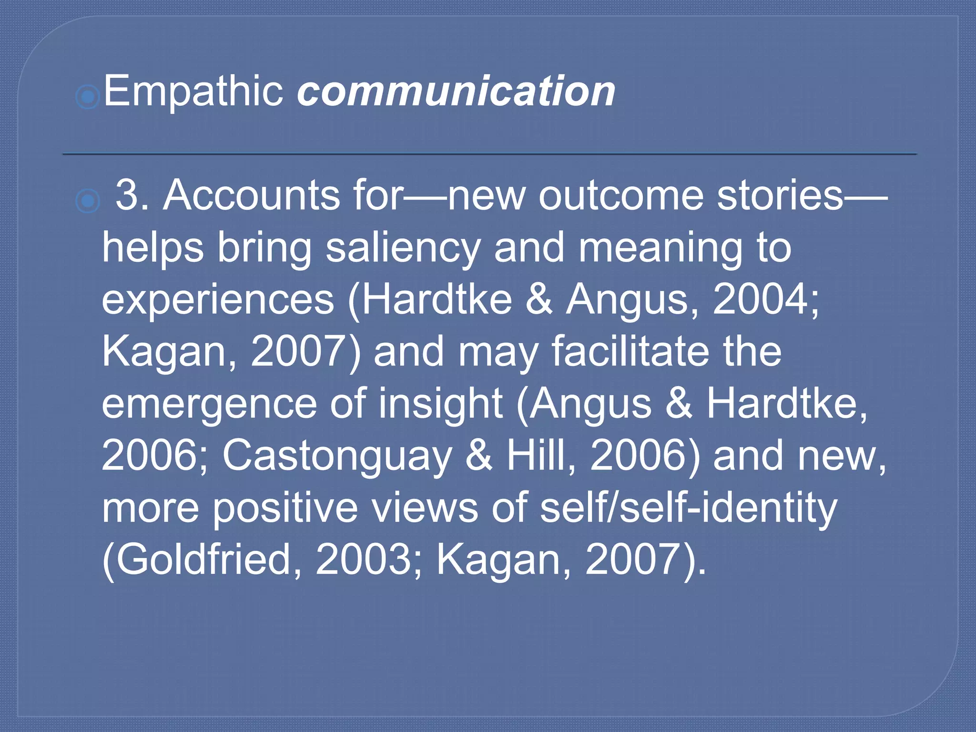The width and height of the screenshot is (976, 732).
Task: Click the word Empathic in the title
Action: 193,91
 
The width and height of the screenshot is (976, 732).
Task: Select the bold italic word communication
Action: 456,91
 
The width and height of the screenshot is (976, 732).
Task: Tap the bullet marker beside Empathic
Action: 88,97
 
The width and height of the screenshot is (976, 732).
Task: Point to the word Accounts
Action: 251,195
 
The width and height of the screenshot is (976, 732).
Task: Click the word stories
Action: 780,195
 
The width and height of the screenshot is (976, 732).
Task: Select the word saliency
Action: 403,248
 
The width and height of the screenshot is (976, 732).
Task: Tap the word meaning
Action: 661,248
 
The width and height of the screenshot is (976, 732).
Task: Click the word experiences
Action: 218,300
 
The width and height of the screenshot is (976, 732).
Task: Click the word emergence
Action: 209,404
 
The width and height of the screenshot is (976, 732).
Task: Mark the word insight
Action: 441,404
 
